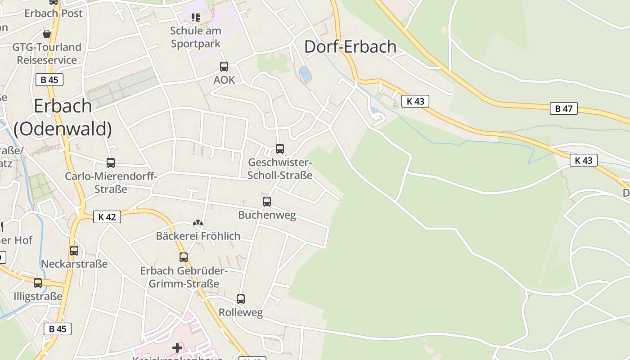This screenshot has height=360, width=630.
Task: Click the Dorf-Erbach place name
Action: point(350,47)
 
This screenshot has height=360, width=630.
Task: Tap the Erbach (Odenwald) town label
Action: point(63,117)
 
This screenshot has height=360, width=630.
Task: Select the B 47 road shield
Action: point(563,108)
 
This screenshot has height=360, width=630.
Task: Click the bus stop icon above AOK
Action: point(224,67)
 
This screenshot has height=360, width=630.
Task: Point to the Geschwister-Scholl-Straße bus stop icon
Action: point(280,149)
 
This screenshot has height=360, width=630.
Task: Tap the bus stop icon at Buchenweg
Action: point(267,202)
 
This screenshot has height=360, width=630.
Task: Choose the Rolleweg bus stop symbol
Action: point(241,299)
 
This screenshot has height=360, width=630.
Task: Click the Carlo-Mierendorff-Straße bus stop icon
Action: point(111,163)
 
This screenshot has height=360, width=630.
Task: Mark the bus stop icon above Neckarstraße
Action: point(74,251)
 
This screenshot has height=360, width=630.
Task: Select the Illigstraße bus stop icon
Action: point(38,283)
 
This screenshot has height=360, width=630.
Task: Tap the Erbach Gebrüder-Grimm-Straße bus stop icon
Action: point(184,257)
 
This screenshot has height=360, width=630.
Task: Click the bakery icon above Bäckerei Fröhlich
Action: point(198,223)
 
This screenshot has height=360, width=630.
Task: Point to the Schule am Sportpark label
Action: point(196,37)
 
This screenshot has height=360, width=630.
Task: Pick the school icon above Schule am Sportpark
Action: point(195,18)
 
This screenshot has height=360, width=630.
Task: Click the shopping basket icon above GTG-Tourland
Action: point(47,34)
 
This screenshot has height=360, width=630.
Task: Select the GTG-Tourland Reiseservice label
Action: point(47,54)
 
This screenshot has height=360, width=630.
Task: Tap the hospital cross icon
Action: point(177,347)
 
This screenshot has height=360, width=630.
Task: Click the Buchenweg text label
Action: point(267,215)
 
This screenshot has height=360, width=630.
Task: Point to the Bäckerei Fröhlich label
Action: point(198,236)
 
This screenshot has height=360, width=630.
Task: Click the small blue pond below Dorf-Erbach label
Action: point(305,74)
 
